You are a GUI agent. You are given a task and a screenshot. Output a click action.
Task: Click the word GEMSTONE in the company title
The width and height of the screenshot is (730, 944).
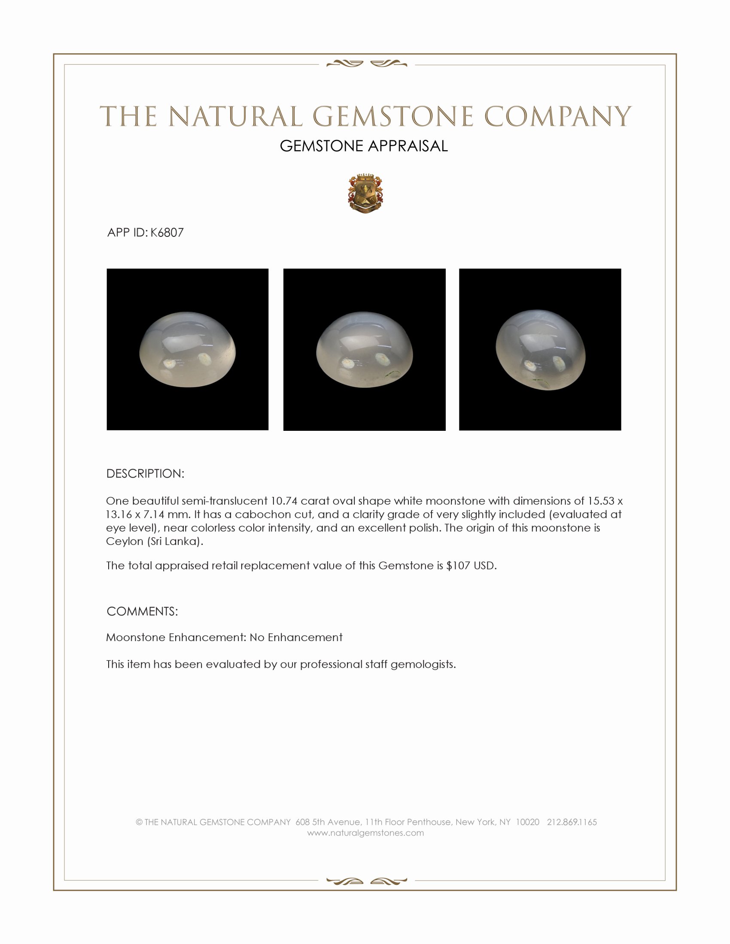coord(392,117)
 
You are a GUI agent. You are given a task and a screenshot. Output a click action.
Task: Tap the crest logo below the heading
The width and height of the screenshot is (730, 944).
coord(365,194)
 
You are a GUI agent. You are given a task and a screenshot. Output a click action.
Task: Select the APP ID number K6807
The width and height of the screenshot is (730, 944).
coord(167,233)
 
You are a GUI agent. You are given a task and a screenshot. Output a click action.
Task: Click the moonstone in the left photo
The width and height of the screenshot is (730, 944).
coord(188,349)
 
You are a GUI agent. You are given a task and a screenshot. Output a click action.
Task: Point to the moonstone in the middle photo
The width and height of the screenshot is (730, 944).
coord(365,350)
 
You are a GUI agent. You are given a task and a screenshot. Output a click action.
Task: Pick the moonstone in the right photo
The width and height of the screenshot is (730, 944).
coord(540,350)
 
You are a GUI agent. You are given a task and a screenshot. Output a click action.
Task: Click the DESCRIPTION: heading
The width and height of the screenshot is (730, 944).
coord(145,474)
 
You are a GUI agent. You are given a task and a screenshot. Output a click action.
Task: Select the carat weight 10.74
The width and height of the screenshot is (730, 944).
coord(284,501)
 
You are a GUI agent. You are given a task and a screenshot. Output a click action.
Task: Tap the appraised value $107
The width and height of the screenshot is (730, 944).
coord(458,566)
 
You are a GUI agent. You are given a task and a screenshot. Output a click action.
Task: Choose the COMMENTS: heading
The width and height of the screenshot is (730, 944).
coord(142,611)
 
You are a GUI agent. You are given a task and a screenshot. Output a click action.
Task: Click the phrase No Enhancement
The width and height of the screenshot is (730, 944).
coord(296,638)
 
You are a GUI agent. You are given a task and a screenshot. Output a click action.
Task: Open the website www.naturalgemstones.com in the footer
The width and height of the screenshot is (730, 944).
coord(365,833)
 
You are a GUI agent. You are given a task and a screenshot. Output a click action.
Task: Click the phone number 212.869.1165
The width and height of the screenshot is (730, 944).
coord(572,822)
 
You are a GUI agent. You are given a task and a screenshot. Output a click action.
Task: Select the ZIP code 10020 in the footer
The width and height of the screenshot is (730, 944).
coord(528,822)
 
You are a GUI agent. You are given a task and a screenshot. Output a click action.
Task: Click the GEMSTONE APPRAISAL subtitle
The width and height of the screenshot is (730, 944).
coord(364,146)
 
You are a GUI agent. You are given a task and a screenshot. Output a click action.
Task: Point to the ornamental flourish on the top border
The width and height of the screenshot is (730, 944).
coord(366,64)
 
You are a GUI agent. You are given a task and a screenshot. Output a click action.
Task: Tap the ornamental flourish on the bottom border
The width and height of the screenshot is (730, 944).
coord(366,881)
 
